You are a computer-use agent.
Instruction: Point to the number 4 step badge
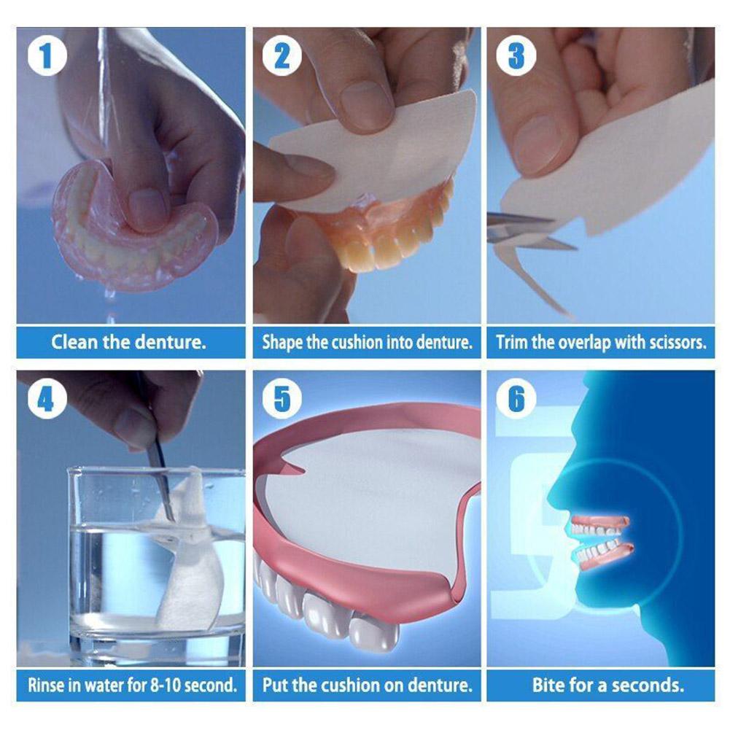[47, 398]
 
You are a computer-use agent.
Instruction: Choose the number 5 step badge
[282, 398]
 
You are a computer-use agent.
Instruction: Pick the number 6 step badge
[516, 398]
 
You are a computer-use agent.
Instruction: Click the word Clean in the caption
[74, 342]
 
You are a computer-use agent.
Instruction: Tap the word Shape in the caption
[283, 343]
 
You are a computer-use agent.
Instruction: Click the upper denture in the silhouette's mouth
[599, 524]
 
